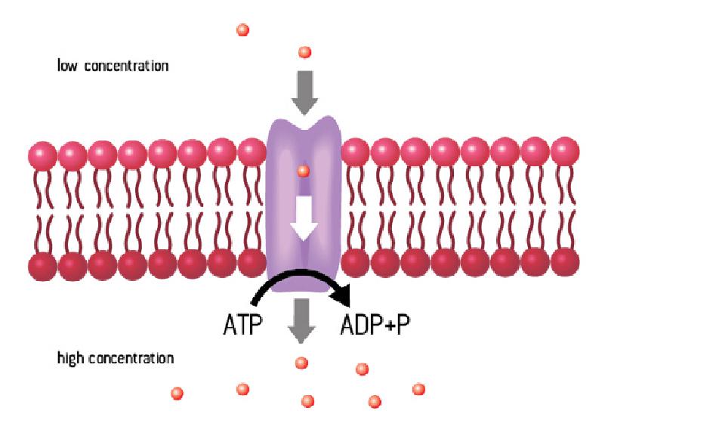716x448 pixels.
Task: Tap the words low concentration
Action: pos(113,66)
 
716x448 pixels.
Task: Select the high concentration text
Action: pos(116,357)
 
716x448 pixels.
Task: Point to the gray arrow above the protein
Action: pos(304,91)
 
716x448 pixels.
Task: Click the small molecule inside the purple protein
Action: pos(303,171)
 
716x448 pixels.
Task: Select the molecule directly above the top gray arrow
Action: pos(304,52)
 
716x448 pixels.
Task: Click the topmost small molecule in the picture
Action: pos(242,30)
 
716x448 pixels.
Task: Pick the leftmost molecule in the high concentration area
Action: pos(177,393)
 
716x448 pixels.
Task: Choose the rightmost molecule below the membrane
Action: pos(418,389)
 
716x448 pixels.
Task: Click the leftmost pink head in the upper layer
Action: pos(43,154)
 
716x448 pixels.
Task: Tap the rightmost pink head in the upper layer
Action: pos(565,152)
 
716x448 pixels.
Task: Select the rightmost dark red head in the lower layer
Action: pos(565,261)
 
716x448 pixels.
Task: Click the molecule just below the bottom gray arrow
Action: pos(301,363)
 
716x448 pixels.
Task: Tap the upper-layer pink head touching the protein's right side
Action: pos(356,153)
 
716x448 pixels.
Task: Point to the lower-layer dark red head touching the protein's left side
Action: pos(252,263)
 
